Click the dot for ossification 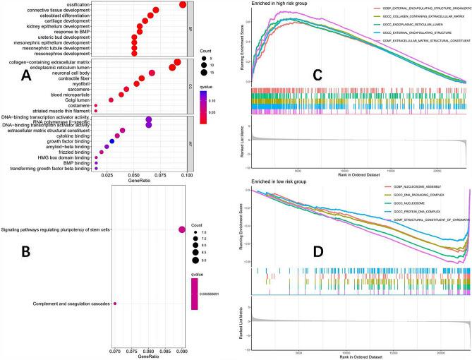coord(183,5)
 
